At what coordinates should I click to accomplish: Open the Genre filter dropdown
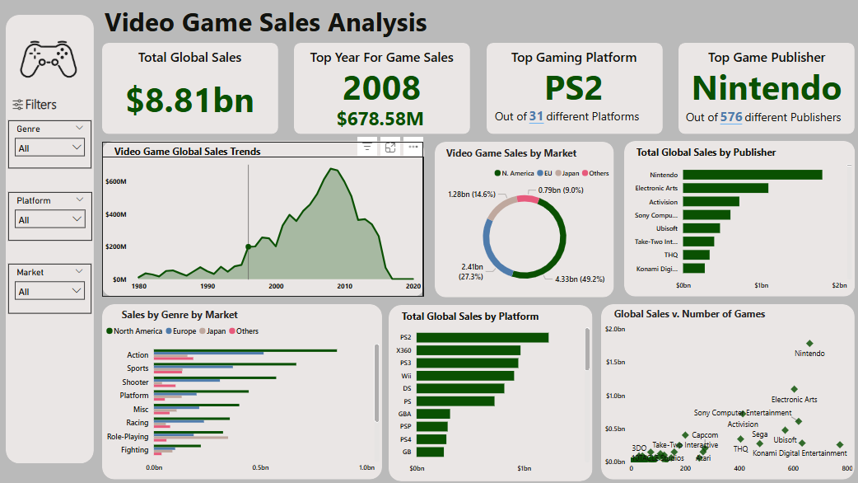[x=50, y=148]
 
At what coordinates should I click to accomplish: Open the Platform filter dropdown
[x=50, y=219]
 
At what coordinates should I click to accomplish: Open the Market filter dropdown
[x=50, y=291]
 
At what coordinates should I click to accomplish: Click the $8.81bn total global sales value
[x=190, y=99]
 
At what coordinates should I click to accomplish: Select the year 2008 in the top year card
[x=381, y=88]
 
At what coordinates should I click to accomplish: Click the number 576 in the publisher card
[x=730, y=117]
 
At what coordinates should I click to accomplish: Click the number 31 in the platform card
[x=535, y=116]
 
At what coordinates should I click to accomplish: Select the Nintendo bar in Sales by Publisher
[x=752, y=175]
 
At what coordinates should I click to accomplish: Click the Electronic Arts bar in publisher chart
[x=725, y=188]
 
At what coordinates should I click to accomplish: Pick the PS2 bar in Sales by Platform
[x=482, y=337]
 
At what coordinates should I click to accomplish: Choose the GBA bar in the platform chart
[x=433, y=414]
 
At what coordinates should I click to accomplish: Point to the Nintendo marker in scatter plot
[x=809, y=344]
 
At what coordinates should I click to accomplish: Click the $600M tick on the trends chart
[x=115, y=181]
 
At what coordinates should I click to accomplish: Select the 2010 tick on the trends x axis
[x=344, y=286]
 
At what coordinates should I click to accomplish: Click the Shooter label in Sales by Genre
[x=136, y=382]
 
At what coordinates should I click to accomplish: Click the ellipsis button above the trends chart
[x=413, y=148]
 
